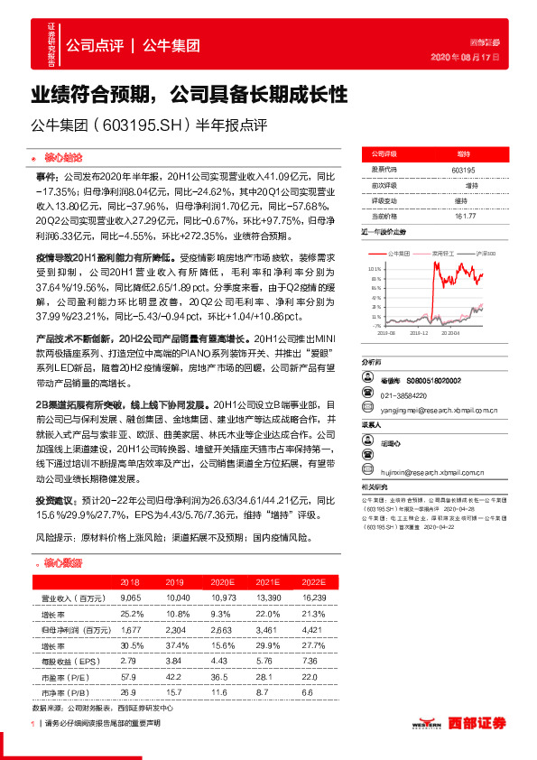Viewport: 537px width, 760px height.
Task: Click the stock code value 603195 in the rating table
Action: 462,169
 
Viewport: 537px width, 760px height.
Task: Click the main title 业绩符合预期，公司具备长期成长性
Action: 190,94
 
